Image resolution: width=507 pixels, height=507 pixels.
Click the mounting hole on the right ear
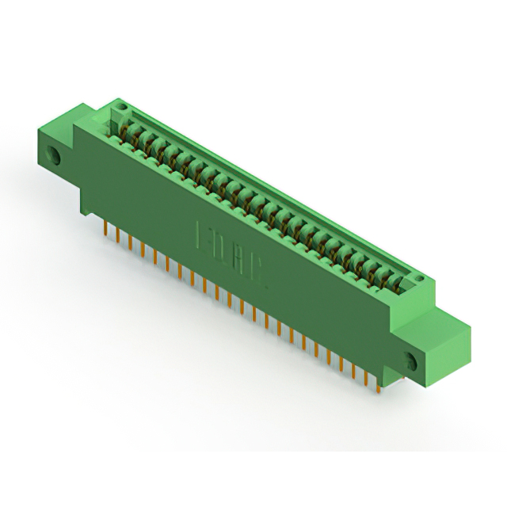411,361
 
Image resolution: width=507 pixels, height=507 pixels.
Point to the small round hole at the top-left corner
120,105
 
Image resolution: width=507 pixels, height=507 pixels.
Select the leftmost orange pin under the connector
106,228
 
